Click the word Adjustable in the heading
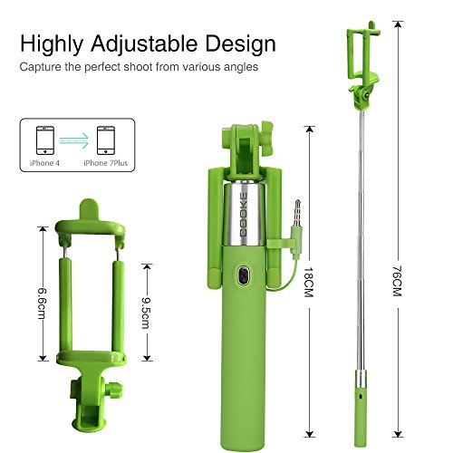pos(145,44)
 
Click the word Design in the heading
pos(241,43)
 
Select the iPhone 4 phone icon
pos(45,140)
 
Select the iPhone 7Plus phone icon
pos(106,140)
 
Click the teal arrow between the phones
pos(74,140)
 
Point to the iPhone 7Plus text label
pos(106,163)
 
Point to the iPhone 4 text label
pos(44,163)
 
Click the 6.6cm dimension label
pos(43,304)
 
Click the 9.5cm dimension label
pos(147,313)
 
